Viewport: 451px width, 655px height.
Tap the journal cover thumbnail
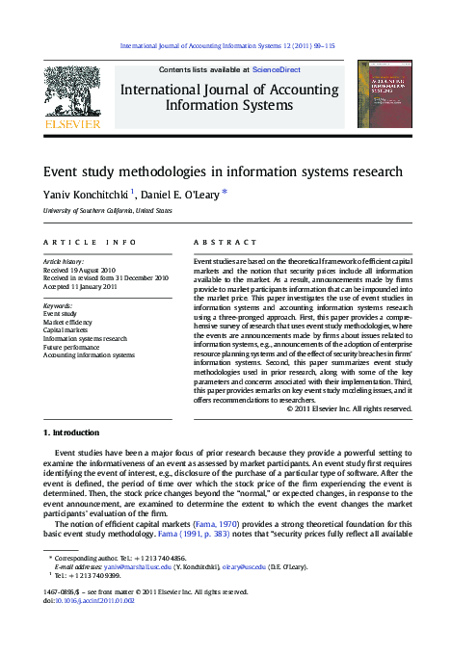pyautogui.click(x=383, y=93)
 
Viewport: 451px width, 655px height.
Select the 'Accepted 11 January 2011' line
pyautogui.click(x=81, y=286)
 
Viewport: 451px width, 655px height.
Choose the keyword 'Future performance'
pyautogui.click(x=73, y=347)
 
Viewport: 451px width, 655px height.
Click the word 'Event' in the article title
pyautogui.click(x=66, y=171)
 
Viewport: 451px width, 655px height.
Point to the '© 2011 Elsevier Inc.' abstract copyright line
pyautogui.click(x=350, y=408)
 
